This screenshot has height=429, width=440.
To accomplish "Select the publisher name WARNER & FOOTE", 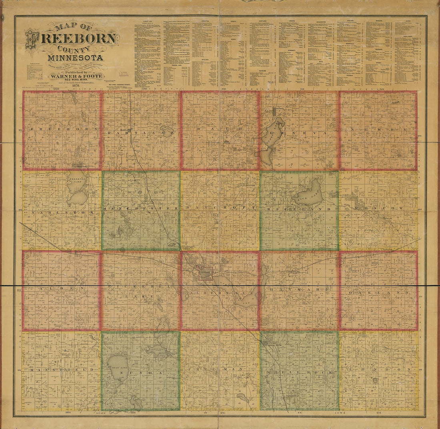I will (x=76, y=76).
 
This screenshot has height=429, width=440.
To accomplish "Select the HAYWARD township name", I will (x=299, y=289).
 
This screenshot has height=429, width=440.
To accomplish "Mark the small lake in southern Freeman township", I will (x=243, y=398).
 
